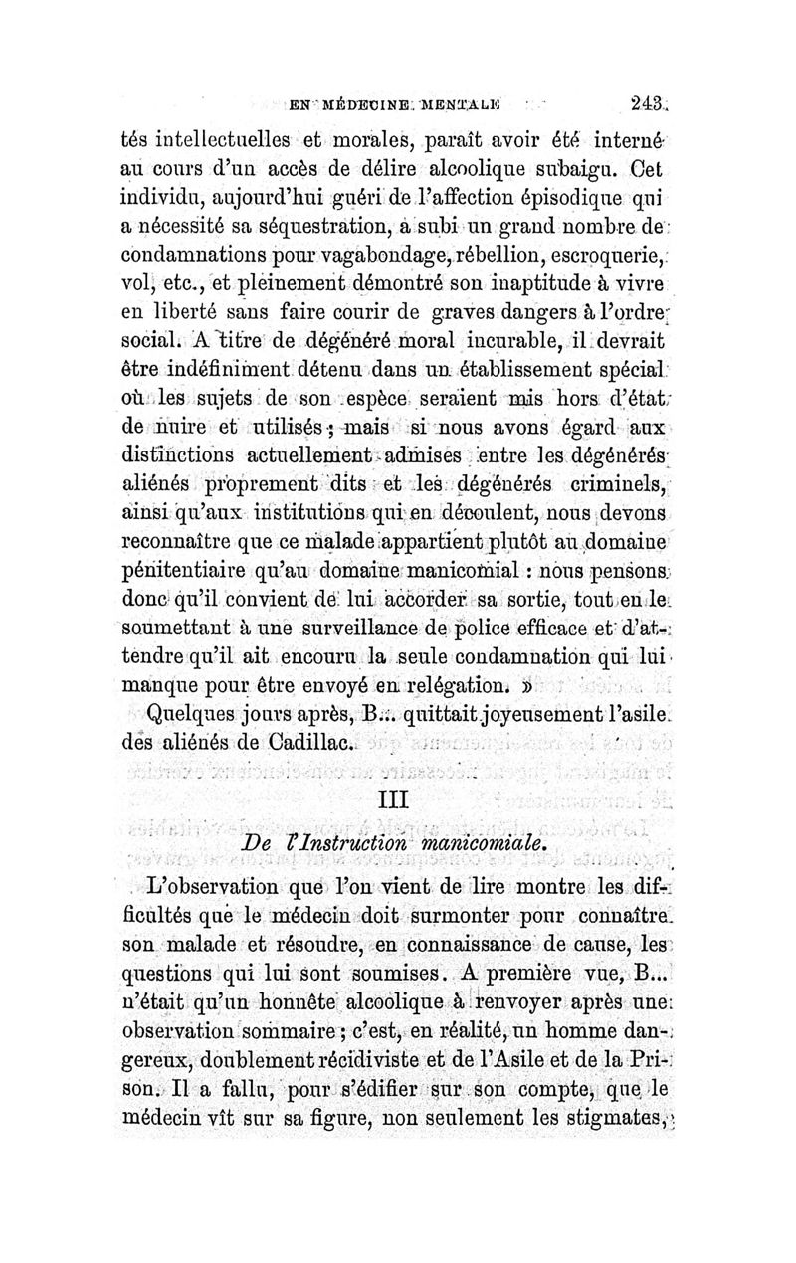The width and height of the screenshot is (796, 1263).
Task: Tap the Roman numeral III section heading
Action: click(x=396, y=799)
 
